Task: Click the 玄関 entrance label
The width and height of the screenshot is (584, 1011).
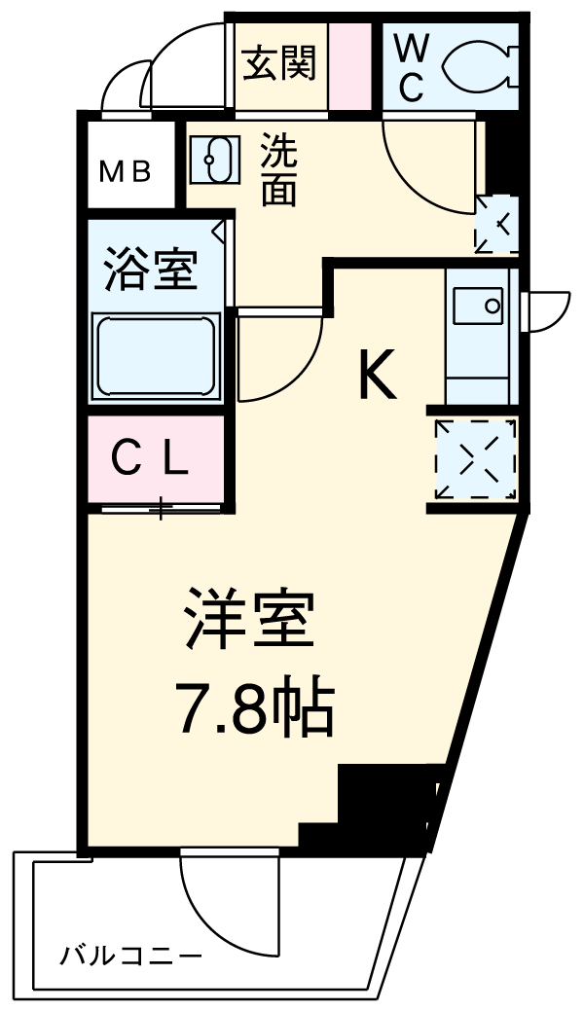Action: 280,63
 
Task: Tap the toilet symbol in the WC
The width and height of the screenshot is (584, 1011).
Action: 477,65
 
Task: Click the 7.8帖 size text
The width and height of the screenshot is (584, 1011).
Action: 254,708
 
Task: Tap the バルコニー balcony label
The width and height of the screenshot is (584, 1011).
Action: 131,955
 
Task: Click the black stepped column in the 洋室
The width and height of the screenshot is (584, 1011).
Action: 380,803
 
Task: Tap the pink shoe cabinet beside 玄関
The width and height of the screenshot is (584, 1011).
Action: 350,64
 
